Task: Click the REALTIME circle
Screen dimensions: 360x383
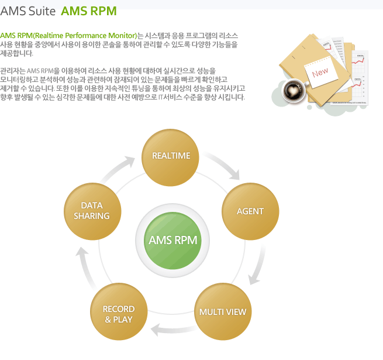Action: (x=171, y=156)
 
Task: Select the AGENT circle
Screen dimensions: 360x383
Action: (x=250, y=211)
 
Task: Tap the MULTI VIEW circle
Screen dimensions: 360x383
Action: (x=223, y=311)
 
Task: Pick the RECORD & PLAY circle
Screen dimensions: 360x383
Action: (x=119, y=314)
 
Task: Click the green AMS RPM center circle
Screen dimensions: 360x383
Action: (x=172, y=241)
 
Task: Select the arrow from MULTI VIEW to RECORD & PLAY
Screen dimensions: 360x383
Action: (x=171, y=331)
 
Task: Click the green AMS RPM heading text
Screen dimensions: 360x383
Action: (x=88, y=11)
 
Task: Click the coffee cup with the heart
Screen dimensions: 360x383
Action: (x=291, y=91)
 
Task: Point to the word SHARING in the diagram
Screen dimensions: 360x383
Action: (x=92, y=216)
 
